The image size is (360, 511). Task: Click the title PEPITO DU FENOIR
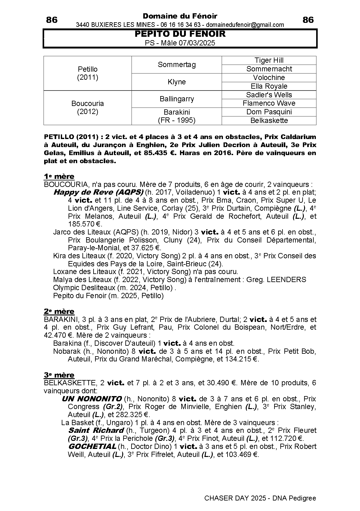pos(180,34)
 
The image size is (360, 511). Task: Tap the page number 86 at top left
pos(52,20)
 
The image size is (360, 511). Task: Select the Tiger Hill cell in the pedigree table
pos(269,60)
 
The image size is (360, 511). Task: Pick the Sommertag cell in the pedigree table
pos(177,65)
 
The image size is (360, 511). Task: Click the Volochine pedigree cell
pos(269,78)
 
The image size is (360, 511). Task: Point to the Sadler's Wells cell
pos(269,95)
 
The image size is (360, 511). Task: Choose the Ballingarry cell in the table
pos(177,99)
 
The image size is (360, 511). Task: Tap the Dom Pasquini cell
pos(269,112)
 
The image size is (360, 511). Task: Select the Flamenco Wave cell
pos(269,103)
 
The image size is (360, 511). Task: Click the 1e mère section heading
pos(59,176)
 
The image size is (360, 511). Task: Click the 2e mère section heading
pos(59,311)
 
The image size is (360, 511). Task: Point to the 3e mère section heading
pos(59,375)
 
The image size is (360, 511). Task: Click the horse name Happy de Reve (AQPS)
pos(98,192)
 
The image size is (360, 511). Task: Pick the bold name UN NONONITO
pos(91,399)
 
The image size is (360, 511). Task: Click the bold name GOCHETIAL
pos(92,446)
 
